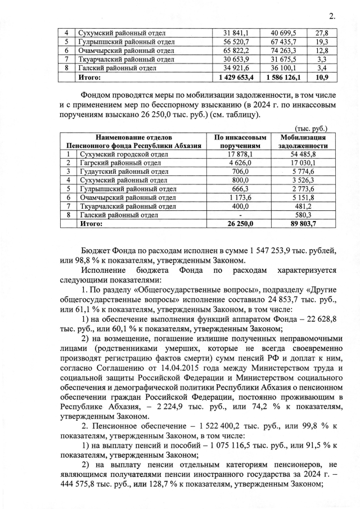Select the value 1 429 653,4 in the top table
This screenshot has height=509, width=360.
(241, 77)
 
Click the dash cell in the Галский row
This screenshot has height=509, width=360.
(240, 214)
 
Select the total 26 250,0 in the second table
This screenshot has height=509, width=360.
(240, 223)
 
